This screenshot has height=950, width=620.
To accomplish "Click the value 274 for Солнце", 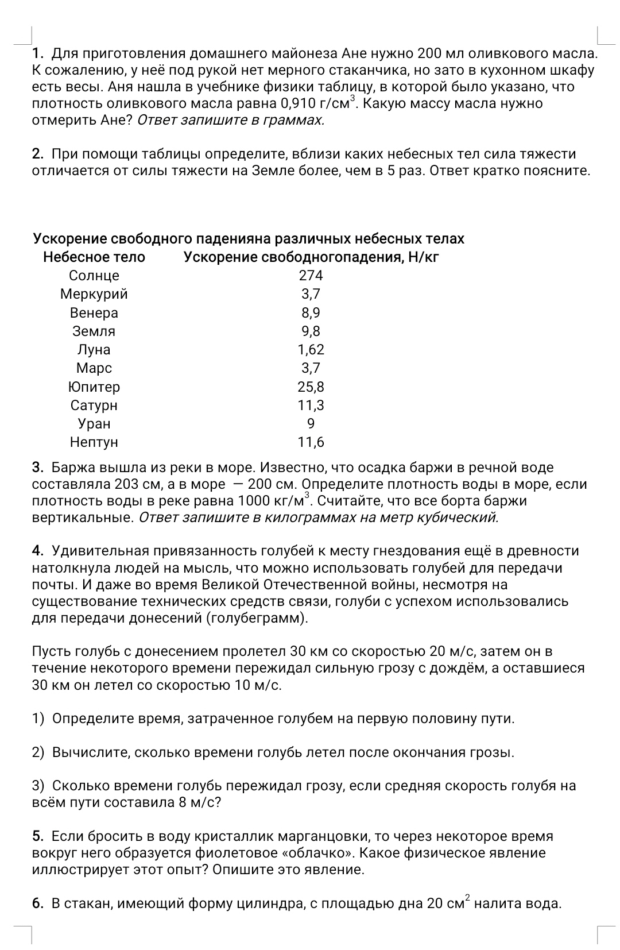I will (x=311, y=276).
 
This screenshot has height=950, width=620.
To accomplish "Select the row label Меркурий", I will (x=94, y=294).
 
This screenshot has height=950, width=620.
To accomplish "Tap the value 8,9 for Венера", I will (x=311, y=312).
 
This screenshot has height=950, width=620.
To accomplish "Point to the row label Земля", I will (x=94, y=331).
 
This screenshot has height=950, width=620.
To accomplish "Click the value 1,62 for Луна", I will (x=311, y=350).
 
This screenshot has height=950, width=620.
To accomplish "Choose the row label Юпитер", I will (x=94, y=387).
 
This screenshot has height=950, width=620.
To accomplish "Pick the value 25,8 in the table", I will (x=311, y=387).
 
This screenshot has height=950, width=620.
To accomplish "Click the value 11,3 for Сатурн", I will (x=311, y=406).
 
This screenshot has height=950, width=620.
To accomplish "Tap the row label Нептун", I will (x=94, y=442).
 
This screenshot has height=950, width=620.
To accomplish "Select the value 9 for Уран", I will (x=311, y=424).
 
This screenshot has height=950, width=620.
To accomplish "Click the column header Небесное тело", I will (x=94, y=257).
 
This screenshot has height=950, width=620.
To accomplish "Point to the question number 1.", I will (x=38, y=55).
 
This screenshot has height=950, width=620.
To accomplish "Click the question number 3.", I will (x=38, y=468).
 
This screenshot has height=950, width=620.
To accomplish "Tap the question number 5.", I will (x=38, y=836).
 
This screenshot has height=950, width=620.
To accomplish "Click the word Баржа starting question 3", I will (x=73, y=468).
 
